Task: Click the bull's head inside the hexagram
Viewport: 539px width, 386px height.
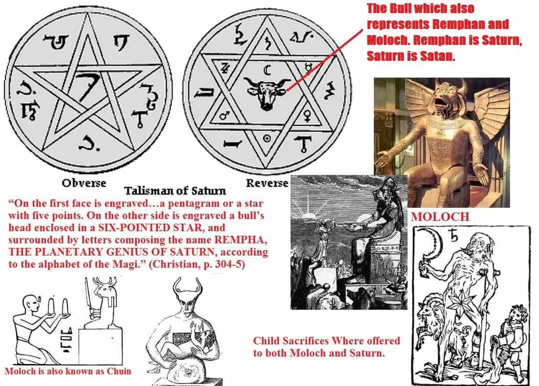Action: (x=265, y=92)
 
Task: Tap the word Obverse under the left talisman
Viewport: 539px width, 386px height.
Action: (x=84, y=183)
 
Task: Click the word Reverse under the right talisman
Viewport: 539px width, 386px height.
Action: (x=267, y=183)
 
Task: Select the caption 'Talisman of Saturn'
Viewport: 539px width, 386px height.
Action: (x=175, y=191)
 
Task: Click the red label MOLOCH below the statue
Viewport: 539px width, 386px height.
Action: (x=440, y=217)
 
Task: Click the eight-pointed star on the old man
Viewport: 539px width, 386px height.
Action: (x=459, y=305)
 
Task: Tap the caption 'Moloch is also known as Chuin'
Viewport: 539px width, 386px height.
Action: (x=68, y=372)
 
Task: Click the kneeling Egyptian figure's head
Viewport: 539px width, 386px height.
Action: (x=29, y=302)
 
